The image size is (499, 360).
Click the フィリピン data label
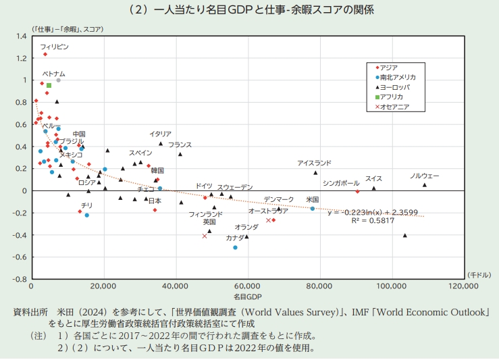pos(55,47)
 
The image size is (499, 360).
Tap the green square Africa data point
pos(49,85)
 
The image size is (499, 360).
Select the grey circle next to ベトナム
pos(59,80)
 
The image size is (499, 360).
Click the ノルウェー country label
pos(425,176)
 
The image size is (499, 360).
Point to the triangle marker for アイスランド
pos(315,173)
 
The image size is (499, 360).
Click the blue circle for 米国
pos(313,209)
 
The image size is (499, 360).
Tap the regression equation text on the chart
pos(373,212)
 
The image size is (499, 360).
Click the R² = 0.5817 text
pos(373,221)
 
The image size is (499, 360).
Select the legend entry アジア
pos(387,68)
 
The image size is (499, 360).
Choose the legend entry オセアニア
pos(392,107)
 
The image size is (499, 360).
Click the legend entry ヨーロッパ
pos(393,87)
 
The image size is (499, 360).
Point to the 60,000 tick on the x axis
pos(248,286)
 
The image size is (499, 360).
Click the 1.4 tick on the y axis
pos(22,36)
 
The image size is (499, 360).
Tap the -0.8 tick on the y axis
pos(20,279)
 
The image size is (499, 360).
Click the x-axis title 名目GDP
pos(248,297)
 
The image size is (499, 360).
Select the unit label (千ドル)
pos(479,275)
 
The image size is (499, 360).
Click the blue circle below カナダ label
pos(235,248)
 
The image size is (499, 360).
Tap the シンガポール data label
pos(341,183)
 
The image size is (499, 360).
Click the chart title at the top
pos(251,9)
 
